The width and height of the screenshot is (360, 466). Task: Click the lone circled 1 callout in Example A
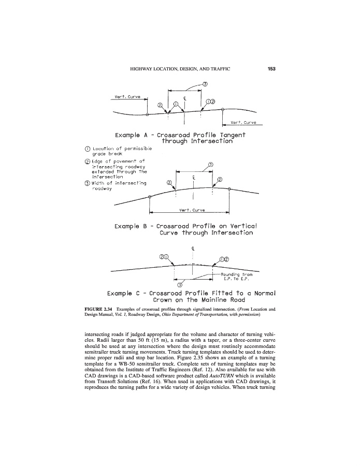[176, 104]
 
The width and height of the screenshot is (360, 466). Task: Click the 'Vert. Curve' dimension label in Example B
[191, 210]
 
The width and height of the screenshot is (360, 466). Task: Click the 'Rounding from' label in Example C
[236, 274]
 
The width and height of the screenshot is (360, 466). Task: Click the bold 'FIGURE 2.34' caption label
[98, 309]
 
